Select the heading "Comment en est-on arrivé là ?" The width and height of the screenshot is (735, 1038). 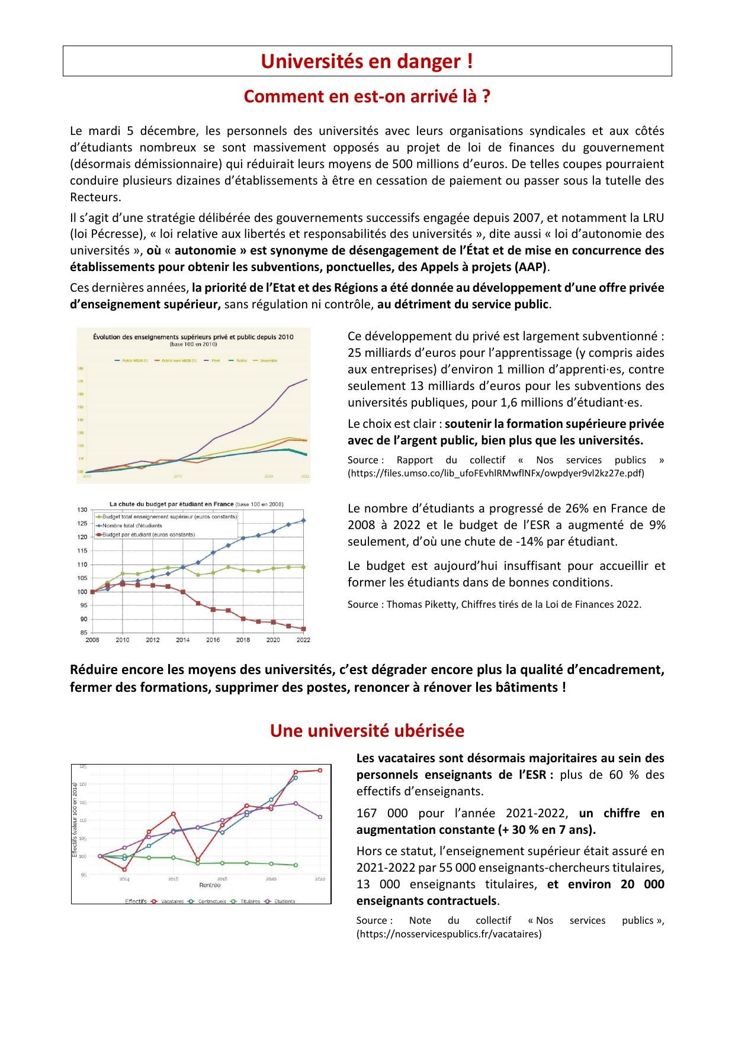click(367, 96)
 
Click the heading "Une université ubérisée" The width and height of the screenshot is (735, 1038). click(367, 731)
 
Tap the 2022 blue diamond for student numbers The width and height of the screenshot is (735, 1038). click(304, 520)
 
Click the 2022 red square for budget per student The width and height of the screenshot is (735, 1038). click(304, 629)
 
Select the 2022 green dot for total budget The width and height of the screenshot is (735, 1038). click(304, 567)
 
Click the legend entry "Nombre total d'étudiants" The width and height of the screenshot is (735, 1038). click(132, 526)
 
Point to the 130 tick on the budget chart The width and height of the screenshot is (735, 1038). click(82, 510)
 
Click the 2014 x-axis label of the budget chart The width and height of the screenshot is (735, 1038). click(182, 640)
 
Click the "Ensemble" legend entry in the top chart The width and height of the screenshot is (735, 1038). click(268, 360)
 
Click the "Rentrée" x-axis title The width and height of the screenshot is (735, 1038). click(210, 885)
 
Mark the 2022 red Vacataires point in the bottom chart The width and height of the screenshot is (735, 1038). click(320, 770)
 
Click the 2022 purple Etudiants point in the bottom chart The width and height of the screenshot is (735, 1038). click(320, 817)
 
